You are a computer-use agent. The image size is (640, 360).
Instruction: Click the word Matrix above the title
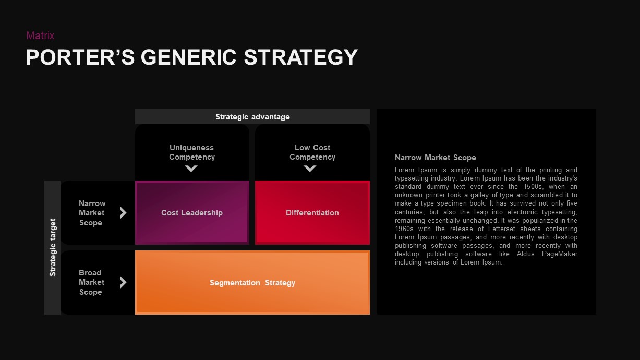[x=40, y=35]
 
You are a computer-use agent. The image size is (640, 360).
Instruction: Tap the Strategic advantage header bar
[x=252, y=117]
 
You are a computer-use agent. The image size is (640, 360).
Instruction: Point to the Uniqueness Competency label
[x=192, y=152]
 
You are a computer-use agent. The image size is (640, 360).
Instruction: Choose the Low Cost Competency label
[x=312, y=152]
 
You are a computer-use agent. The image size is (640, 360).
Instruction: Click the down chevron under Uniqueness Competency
[x=191, y=169]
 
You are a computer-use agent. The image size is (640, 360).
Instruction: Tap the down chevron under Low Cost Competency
[x=310, y=169]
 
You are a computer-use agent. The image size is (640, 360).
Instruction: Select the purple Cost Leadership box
[x=192, y=213]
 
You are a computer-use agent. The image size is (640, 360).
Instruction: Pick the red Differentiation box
[x=312, y=213]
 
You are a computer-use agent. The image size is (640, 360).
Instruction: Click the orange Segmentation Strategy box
[x=252, y=283]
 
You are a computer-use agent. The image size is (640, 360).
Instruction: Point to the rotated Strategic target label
[x=53, y=247]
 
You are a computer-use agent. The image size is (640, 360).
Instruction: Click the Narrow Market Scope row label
[x=92, y=213]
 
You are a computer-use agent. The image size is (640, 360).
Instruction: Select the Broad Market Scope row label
[x=91, y=282]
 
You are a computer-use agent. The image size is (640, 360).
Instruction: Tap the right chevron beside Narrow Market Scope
[x=123, y=213]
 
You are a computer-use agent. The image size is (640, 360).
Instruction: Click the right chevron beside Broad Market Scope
[x=123, y=282]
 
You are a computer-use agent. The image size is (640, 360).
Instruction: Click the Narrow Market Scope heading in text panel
[x=435, y=158]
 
